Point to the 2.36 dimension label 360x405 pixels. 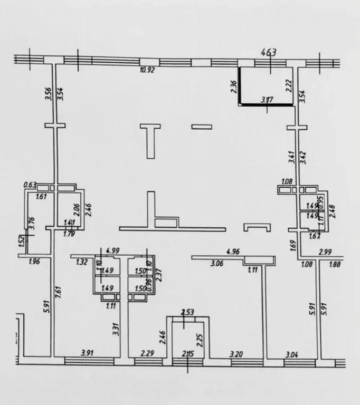pyautogui.click(x=233, y=86)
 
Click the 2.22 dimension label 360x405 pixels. pyautogui.click(x=289, y=85)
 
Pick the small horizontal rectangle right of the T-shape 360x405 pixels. pyautogui.click(x=201, y=126)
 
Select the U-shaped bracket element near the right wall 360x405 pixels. pyautogui.click(x=257, y=227)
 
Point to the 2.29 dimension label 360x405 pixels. pyautogui.click(x=146, y=353)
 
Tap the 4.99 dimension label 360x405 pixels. pyautogui.click(x=111, y=250)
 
